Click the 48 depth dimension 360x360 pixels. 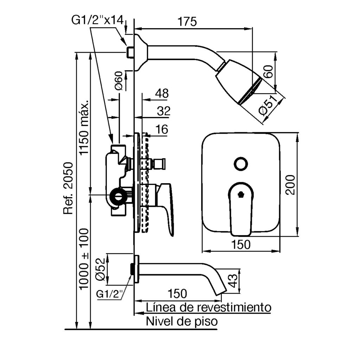click(x=162, y=94)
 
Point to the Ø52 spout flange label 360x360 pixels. click(x=100, y=269)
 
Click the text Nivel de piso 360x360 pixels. click(x=182, y=321)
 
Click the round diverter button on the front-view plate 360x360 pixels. click(x=241, y=163)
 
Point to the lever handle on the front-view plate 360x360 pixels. click(x=241, y=207)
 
